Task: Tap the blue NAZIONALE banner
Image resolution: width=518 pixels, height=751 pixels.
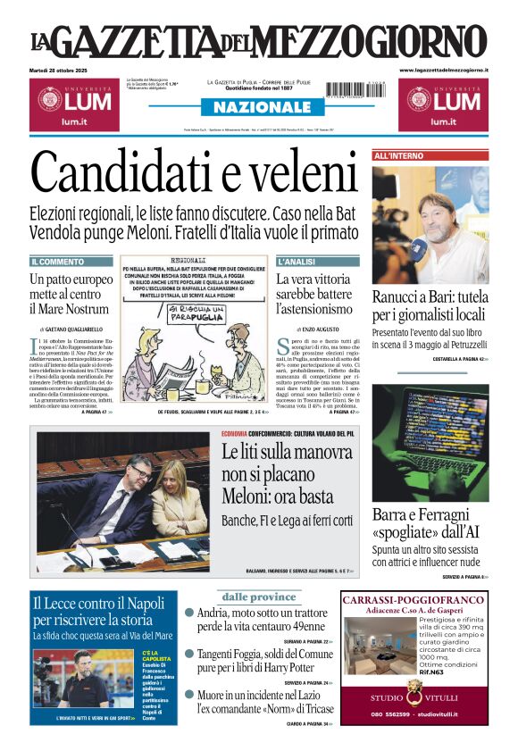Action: pos(257,107)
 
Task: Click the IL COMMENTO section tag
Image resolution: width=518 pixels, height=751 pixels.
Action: pos(59,262)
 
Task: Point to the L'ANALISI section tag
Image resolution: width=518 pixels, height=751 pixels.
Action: pos(297,262)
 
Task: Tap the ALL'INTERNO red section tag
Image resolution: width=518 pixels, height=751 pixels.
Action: pos(398,155)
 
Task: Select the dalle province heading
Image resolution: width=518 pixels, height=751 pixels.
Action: pos(258,597)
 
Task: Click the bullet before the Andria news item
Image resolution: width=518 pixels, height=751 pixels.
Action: pos(189,613)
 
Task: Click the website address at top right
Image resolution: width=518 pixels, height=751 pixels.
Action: pos(443,70)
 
